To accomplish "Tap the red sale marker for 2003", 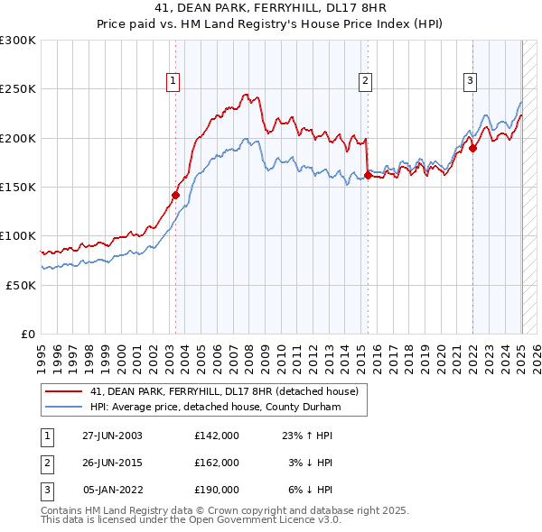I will pyautogui.click(x=176, y=195).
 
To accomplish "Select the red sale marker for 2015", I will pyautogui.click(x=368, y=175).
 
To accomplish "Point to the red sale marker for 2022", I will pyautogui.click(x=472, y=150).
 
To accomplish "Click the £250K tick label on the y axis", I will pyautogui.click(x=18, y=89).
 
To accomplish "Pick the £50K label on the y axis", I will pyautogui.click(x=22, y=285).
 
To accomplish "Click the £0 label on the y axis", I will pyautogui.click(x=28, y=334).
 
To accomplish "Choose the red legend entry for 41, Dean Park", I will pyautogui.click(x=224, y=391).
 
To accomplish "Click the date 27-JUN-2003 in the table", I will pyautogui.click(x=112, y=436).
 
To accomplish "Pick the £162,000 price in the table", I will pyautogui.click(x=217, y=463).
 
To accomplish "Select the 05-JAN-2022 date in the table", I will pyautogui.click(x=112, y=490).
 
